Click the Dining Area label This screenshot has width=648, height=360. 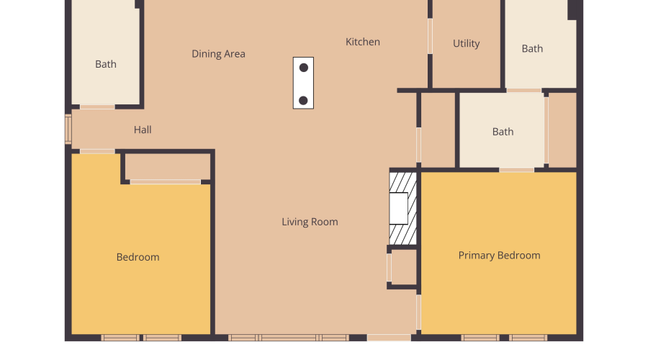pyautogui.click(x=218, y=54)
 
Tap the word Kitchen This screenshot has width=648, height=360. pyautogui.click(x=363, y=42)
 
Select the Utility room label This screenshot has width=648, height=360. pyautogui.click(x=466, y=44)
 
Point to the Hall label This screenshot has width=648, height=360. pyautogui.click(x=143, y=130)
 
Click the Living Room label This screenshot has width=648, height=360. pyautogui.click(x=310, y=222)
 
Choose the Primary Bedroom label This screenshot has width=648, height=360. pyautogui.click(x=499, y=256)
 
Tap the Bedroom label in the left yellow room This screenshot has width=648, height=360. pyautogui.click(x=138, y=257)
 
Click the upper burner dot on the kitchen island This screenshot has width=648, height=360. pyautogui.click(x=304, y=68)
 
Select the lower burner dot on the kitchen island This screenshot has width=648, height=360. pyautogui.click(x=304, y=100)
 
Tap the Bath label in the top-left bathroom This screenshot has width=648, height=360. pyautogui.click(x=106, y=65)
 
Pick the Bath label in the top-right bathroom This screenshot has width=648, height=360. pyautogui.click(x=532, y=49)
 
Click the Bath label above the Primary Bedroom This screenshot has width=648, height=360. pyautogui.click(x=503, y=132)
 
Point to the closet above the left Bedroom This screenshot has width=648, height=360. pyautogui.click(x=168, y=167)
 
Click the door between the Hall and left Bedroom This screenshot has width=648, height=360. pyautogui.click(x=96, y=151)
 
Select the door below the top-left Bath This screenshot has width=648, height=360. pyautogui.click(x=96, y=107)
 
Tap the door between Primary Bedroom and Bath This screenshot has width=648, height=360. pyautogui.click(x=516, y=170)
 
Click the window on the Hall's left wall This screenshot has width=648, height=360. pyautogui.click(x=68, y=130)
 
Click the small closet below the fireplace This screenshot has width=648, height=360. pyautogui.click(x=404, y=267)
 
